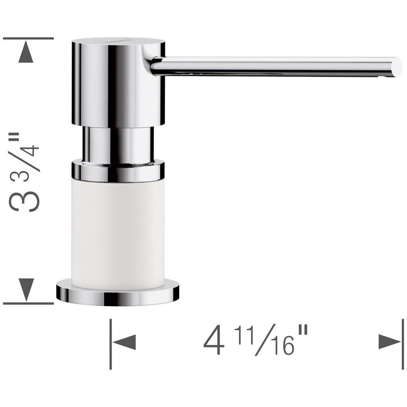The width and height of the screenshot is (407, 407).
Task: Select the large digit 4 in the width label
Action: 214,342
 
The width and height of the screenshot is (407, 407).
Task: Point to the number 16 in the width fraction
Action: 281,346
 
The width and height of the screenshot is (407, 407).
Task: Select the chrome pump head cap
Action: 118,81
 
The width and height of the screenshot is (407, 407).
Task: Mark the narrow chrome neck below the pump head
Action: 118,144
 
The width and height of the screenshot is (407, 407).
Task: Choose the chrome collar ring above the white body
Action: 118,171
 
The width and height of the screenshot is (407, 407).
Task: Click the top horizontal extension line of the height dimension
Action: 28,38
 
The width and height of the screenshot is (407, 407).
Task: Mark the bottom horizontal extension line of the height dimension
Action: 28,303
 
